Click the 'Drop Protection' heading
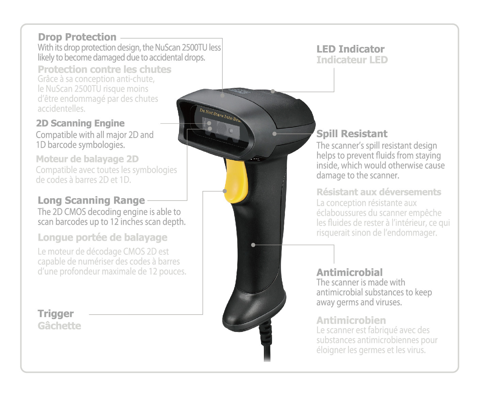pyautogui.click(x=77, y=37)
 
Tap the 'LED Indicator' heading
pyautogui.click(x=350, y=49)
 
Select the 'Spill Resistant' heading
pyautogui.click(x=352, y=134)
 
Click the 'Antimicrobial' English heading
pyautogui.click(x=350, y=272)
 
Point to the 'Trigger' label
pyautogui.click(x=56, y=314)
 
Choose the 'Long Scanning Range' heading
pyautogui.click(x=91, y=201)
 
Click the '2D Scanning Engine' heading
pyautogui.click(x=80, y=123)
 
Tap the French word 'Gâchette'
pyautogui.click(x=60, y=326)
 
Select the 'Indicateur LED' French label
pyautogui.click(x=352, y=60)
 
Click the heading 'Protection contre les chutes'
pyautogui.click(x=105, y=69)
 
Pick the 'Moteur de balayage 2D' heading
pyautogui.click(x=87, y=159)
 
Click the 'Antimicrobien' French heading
pyautogui.click(x=351, y=320)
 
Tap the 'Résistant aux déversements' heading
pyautogui.click(x=379, y=192)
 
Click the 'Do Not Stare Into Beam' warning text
pyautogui.click(x=220, y=115)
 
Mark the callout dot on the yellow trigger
pyautogui.click(x=225, y=191)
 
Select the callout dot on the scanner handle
pyautogui.click(x=253, y=245)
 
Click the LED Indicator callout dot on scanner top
pyautogui.click(x=273, y=91)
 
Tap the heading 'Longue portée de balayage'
pyautogui.click(x=102, y=238)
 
